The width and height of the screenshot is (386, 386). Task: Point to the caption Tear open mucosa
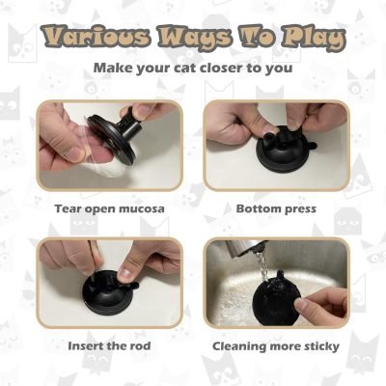pyautogui.click(x=110, y=207)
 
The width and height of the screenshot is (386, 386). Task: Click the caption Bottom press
pyautogui.click(x=276, y=207)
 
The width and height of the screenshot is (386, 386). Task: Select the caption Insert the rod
pyautogui.click(x=110, y=345)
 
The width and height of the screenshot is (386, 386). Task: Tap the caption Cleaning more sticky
pyautogui.click(x=276, y=345)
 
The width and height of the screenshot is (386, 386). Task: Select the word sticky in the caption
pyautogui.click(x=319, y=345)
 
